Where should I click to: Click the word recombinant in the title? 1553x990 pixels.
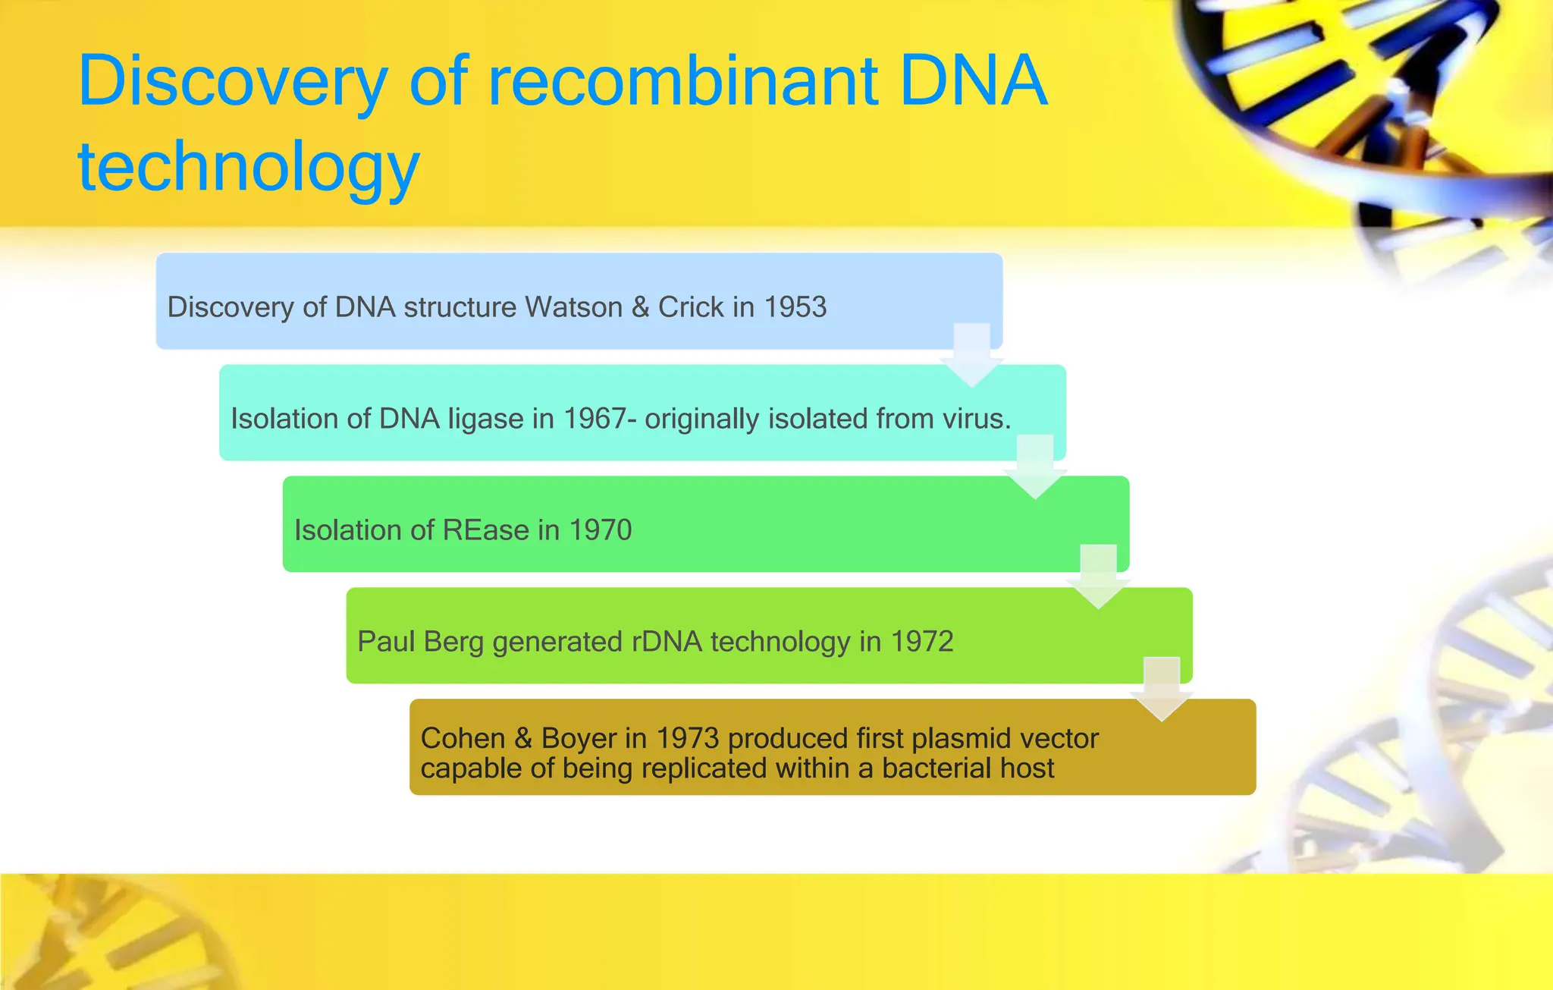tap(682, 81)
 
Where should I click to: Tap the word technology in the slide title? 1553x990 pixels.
tap(249, 167)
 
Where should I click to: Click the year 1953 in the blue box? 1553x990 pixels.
tap(795, 307)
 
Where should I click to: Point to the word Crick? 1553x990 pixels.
tap(691, 307)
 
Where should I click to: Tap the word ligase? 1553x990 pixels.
tap(485, 420)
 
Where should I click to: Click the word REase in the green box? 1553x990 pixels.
tap(486, 530)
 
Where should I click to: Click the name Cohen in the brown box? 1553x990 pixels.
tap(463, 738)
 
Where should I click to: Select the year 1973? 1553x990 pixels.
tap(687, 738)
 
